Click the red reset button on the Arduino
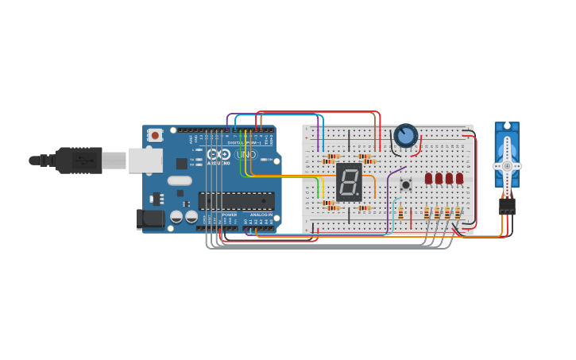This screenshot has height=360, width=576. point(155,135)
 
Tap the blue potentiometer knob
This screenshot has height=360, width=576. point(406,136)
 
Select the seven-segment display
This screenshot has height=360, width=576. point(348,182)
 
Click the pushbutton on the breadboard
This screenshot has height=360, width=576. point(406,184)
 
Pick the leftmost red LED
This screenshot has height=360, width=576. point(429,178)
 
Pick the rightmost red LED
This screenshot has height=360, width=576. point(459,178)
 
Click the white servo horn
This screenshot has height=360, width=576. point(507,165)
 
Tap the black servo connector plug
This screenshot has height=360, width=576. point(507,206)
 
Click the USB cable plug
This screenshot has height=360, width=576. point(79,160)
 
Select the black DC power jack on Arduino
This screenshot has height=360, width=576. point(150,219)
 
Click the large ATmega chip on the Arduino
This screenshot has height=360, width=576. point(236,200)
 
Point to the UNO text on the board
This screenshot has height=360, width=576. point(245,153)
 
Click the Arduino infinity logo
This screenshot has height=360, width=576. point(218,154)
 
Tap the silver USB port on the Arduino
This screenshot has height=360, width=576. point(145,161)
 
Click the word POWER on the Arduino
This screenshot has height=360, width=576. point(229,215)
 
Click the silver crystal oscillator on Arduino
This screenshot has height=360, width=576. point(180,180)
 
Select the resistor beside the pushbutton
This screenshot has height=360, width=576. point(400,212)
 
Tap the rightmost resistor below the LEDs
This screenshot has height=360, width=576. point(457,212)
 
